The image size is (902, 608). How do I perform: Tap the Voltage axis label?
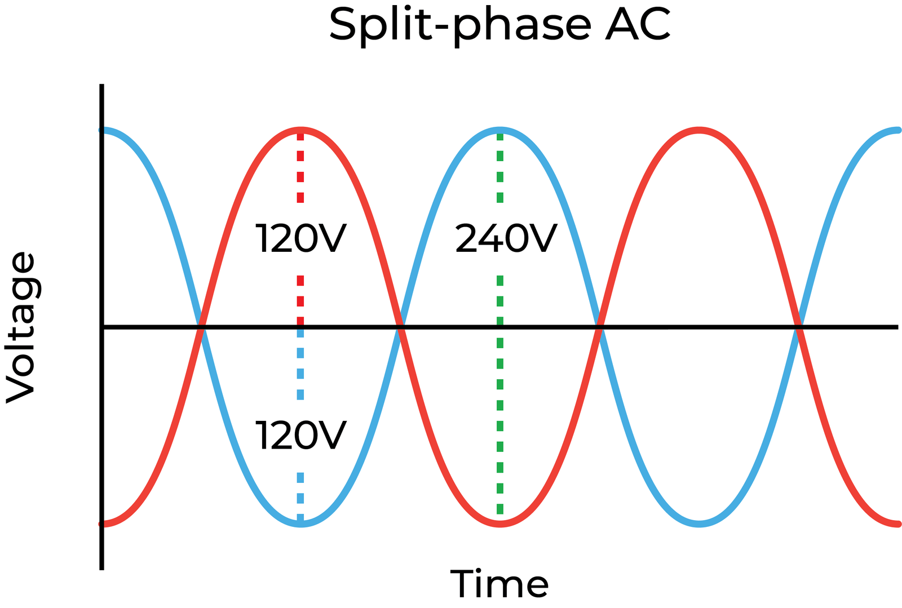click(x=21, y=327)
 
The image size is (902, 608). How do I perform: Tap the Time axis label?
click(x=499, y=584)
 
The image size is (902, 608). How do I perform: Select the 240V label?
click(x=506, y=238)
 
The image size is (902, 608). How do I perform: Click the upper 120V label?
click(x=300, y=238)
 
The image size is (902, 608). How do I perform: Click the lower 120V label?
click(x=300, y=436)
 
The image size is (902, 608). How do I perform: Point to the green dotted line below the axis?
click(x=500, y=423)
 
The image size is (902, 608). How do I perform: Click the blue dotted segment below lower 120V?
click(x=300, y=496)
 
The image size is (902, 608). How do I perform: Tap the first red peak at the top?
click(x=301, y=130)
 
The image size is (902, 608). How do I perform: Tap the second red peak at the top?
click(x=699, y=130)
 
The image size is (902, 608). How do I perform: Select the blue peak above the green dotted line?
click(x=500, y=130)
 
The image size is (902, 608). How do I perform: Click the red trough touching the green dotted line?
click(x=500, y=524)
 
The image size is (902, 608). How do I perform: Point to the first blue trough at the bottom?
click(x=301, y=524)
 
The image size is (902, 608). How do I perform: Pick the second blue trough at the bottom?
click(x=699, y=524)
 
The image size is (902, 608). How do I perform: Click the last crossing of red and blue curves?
click(x=798, y=327)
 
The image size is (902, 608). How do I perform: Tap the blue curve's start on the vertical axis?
click(x=103, y=130)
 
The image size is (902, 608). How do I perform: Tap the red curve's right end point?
click(x=897, y=525)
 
